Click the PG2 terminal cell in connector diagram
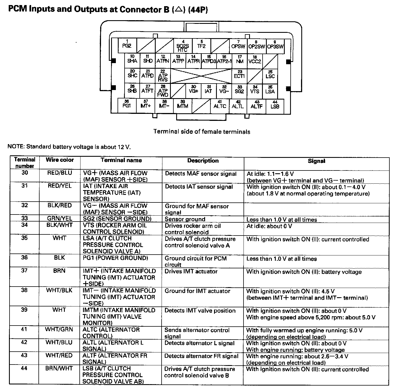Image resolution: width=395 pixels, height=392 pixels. (127, 45)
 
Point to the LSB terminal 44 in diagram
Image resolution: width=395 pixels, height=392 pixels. (275, 105)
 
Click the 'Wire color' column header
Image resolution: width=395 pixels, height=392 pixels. (60, 160)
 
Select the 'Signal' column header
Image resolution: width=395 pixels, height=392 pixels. (316, 161)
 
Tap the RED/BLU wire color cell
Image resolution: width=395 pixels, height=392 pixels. (59, 173)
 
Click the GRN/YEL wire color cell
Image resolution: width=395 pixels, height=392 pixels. (59, 218)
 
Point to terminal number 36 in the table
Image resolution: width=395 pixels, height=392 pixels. (24, 257)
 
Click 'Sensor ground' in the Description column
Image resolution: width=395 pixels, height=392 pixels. (185, 219)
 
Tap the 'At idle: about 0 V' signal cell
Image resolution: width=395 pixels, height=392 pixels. (269, 226)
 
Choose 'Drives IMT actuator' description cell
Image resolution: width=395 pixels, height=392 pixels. (191, 271)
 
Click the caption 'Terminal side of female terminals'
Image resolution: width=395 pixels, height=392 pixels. (202, 132)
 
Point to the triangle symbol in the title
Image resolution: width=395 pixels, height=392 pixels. (178, 10)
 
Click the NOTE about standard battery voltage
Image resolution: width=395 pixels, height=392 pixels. (69, 147)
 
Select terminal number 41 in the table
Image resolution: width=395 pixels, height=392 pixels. (24, 329)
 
